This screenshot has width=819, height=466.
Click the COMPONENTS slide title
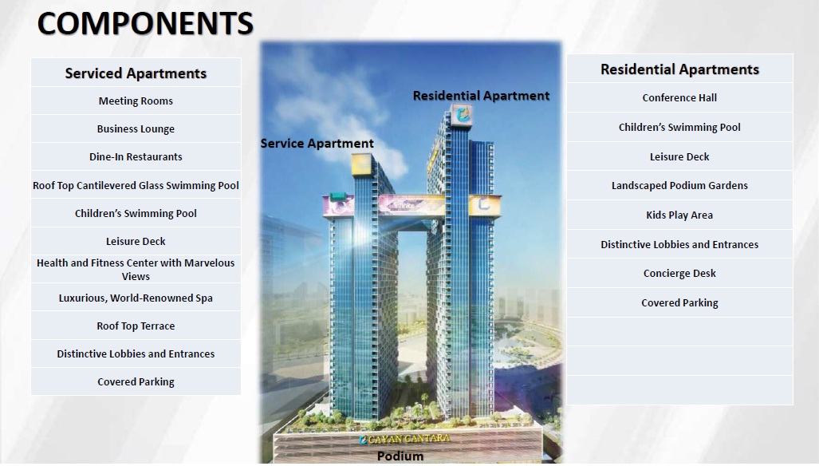click(145, 23)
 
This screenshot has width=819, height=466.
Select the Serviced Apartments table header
click(136, 73)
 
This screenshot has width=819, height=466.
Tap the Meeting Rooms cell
click(136, 101)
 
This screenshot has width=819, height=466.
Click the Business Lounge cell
click(136, 129)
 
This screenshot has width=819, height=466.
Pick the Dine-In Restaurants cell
click(136, 156)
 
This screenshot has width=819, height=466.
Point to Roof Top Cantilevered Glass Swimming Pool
click(136, 185)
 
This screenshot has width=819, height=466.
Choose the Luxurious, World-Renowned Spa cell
click(136, 298)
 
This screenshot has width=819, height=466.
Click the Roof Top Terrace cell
click(136, 326)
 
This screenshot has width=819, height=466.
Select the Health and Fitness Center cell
click(136, 270)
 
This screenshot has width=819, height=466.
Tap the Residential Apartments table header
click(679, 69)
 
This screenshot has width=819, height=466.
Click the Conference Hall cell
click(679, 97)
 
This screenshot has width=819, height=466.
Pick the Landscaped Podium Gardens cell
click(679, 185)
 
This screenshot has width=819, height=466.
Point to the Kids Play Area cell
click(679, 215)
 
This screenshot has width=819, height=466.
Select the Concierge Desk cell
click(679, 273)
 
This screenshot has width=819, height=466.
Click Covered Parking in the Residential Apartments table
click(679, 303)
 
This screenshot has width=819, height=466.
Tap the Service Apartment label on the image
click(317, 144)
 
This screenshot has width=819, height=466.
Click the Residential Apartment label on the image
click(481, 96)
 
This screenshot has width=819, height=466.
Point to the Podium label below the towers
click(400, 456)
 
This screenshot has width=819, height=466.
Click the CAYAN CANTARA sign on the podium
click(404, 439)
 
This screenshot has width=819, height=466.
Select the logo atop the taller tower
click(463, 115)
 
